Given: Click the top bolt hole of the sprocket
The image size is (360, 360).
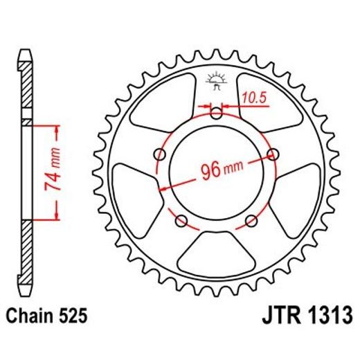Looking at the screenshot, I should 217,115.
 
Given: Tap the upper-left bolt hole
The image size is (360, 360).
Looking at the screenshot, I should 161,154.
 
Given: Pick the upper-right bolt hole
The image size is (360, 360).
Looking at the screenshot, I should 272,154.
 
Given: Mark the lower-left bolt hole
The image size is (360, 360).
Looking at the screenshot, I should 182,221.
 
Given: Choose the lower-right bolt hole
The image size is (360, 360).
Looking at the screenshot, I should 251,221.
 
